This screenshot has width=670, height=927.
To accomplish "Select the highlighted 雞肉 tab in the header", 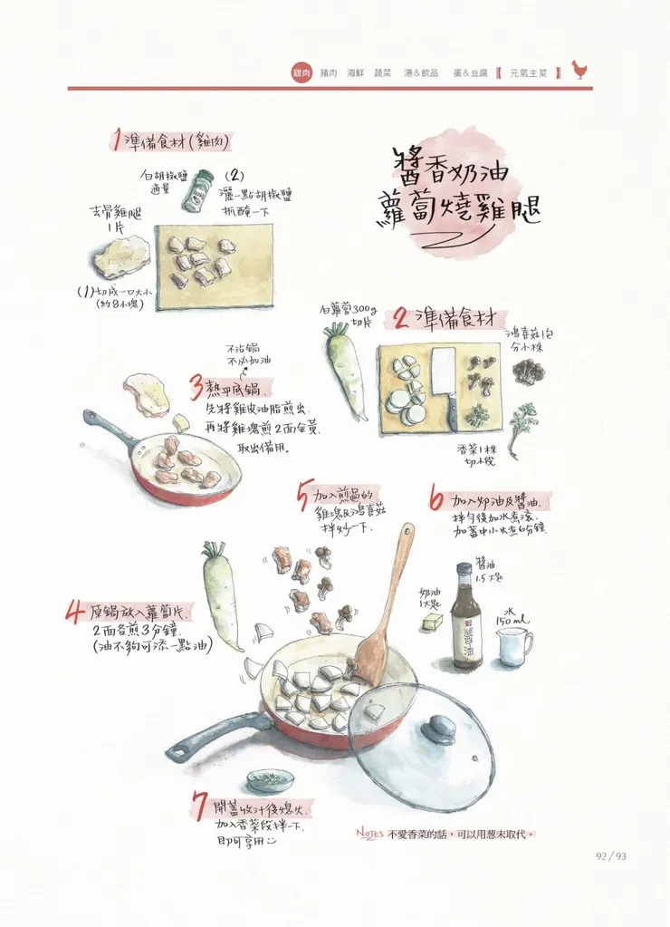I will pyautogui.click(x=302, y=72).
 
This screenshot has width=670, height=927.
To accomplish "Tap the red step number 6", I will pyautogui.click(x=436, y=499).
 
